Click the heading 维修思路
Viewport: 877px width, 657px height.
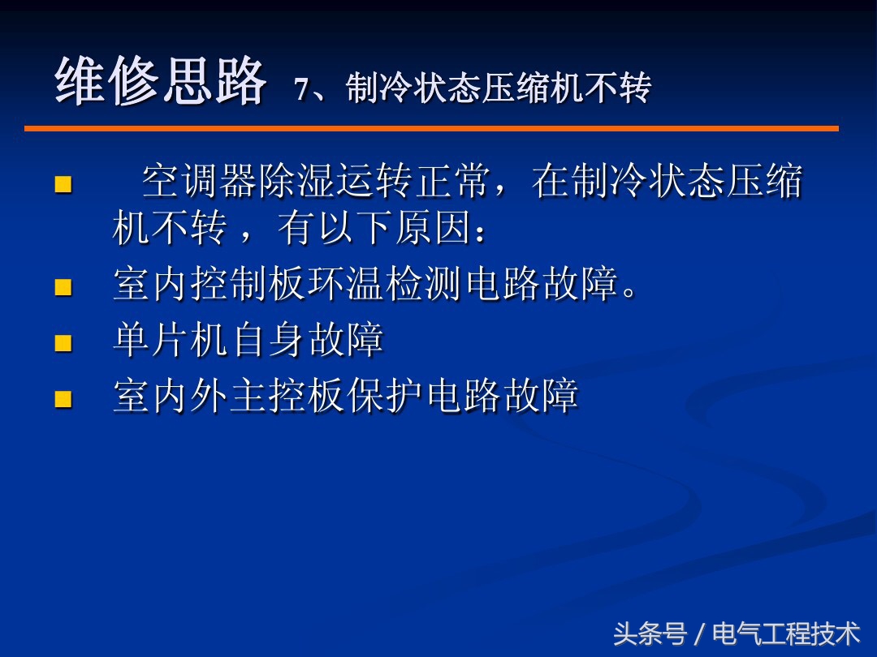click(160, 82)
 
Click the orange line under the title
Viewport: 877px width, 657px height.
click(430, 128)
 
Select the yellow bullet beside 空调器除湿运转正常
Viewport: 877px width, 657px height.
click(63, 184)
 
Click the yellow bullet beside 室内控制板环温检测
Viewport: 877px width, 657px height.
click(63, 287)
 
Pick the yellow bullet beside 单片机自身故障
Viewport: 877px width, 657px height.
click(63, 342)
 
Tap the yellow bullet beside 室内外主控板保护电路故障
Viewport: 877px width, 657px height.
click(63, 398)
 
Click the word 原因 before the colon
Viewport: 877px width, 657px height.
click(434, 230)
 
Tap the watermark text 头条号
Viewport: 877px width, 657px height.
click(650, 633)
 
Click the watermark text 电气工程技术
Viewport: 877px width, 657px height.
click(785, 633)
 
